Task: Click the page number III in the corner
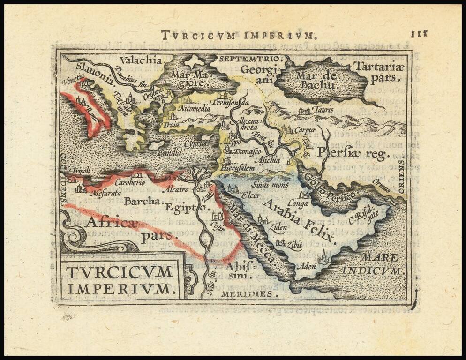pos(419,34)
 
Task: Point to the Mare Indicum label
pos(372,264)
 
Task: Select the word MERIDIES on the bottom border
pos(253,294)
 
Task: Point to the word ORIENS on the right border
pos(401,176)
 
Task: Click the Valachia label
pos(140,60)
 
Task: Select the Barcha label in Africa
pos(143,202)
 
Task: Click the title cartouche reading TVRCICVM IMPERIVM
pos(120,280)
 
